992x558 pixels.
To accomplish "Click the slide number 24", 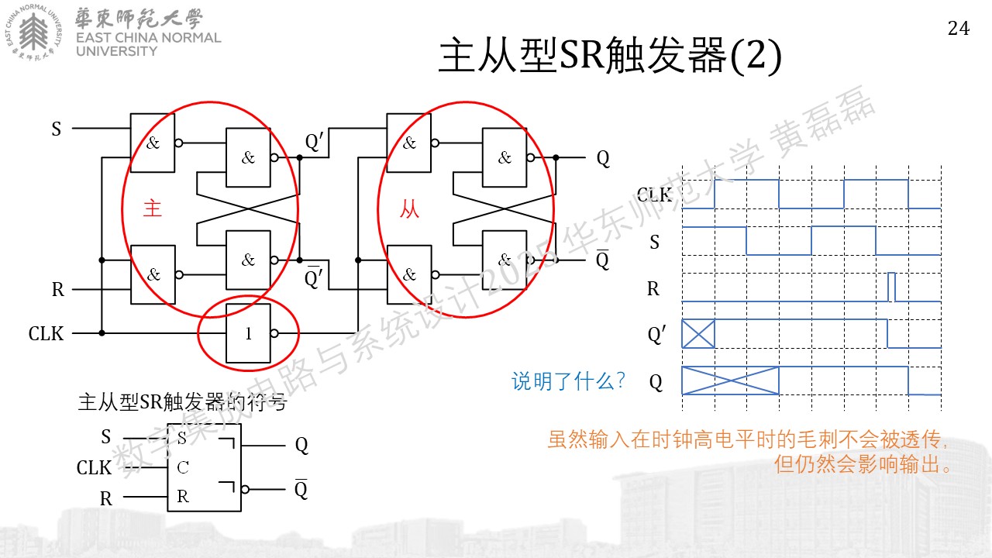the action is [x=959, y=29].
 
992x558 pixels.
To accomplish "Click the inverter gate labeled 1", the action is [x=248, y=333].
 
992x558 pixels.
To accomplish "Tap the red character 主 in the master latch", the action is [x=153, y=208].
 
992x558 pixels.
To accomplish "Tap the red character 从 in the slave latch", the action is [x=409, y=208].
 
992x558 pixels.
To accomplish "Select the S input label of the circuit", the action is [x=57, y=129].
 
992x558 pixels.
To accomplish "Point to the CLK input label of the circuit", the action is [x=46, y=333].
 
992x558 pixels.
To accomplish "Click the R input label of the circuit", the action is [x=58, y=289].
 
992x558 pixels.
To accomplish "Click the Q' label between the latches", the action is [x=315, y=142].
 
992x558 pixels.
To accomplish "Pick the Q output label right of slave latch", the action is [x=603, y=158].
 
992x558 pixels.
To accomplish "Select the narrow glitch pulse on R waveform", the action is [x=891, y=287].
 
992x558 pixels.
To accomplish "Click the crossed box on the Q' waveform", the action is [x=698, y=333].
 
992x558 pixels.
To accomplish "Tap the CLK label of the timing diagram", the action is [x=655, y=195].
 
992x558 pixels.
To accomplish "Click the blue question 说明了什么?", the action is [x=568, y=381].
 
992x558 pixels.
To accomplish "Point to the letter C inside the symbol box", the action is [x=183, y=467].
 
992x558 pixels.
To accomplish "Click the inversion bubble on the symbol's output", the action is [x=246, y=489].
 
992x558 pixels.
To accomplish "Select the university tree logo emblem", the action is [x=33, y=32].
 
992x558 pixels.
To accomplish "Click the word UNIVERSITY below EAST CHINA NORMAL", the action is [x=116, y=51].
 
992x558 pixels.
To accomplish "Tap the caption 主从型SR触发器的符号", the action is [x=182, y=402].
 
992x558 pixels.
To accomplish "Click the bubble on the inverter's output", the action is [x=274, y=333].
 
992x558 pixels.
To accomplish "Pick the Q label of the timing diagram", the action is [x=656, y=382].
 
